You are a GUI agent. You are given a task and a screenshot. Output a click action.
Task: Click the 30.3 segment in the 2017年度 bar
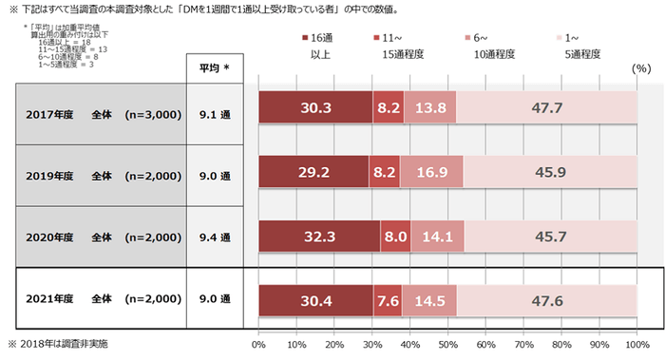coord(314,108)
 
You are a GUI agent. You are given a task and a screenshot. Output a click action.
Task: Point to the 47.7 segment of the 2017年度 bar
coord(546,108)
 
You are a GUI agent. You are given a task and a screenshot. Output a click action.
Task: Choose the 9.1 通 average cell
coord(220,109)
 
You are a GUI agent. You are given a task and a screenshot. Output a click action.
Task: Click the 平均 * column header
coord(220,68)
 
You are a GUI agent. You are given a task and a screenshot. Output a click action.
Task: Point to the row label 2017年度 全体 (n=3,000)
coord(103,109)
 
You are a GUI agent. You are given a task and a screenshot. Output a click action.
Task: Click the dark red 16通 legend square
coord(304,37)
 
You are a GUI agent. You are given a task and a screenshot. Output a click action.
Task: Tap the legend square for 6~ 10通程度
coord(469,37)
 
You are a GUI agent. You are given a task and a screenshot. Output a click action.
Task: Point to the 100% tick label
coord(636,345)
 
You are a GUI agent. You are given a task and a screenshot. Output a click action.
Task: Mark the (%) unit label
coord(639,69)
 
